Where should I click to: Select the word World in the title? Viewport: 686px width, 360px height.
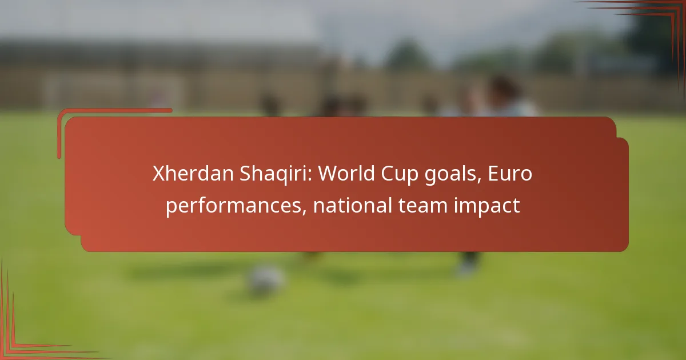coord(346,173)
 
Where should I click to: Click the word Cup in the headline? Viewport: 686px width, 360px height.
coord(400,175)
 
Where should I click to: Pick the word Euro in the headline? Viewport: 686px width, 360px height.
coord(510,173)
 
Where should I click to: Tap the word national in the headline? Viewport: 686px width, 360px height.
coord(353,205)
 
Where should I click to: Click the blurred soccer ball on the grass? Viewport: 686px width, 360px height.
coord(265,280)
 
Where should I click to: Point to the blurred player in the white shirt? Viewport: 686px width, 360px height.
coord(502,98)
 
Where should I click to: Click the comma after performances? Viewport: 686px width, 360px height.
coord(304,212)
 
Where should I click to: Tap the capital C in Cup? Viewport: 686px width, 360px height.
coord(388,174)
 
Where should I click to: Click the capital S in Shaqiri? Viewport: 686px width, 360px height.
coord(245,174)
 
